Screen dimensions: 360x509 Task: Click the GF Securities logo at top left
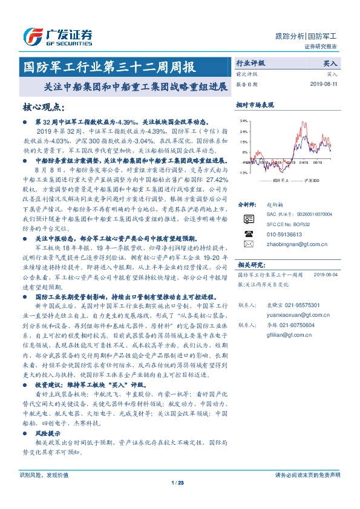[x=57, y=36]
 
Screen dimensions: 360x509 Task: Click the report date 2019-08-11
[x=326, y=84]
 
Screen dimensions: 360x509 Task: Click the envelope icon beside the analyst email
[x=249, y=244]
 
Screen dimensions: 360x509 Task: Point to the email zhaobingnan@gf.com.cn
[x=289, y=244]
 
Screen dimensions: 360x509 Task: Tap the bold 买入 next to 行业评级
[x=331, y=62]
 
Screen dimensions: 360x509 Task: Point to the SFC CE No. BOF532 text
[x=287, y=224]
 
